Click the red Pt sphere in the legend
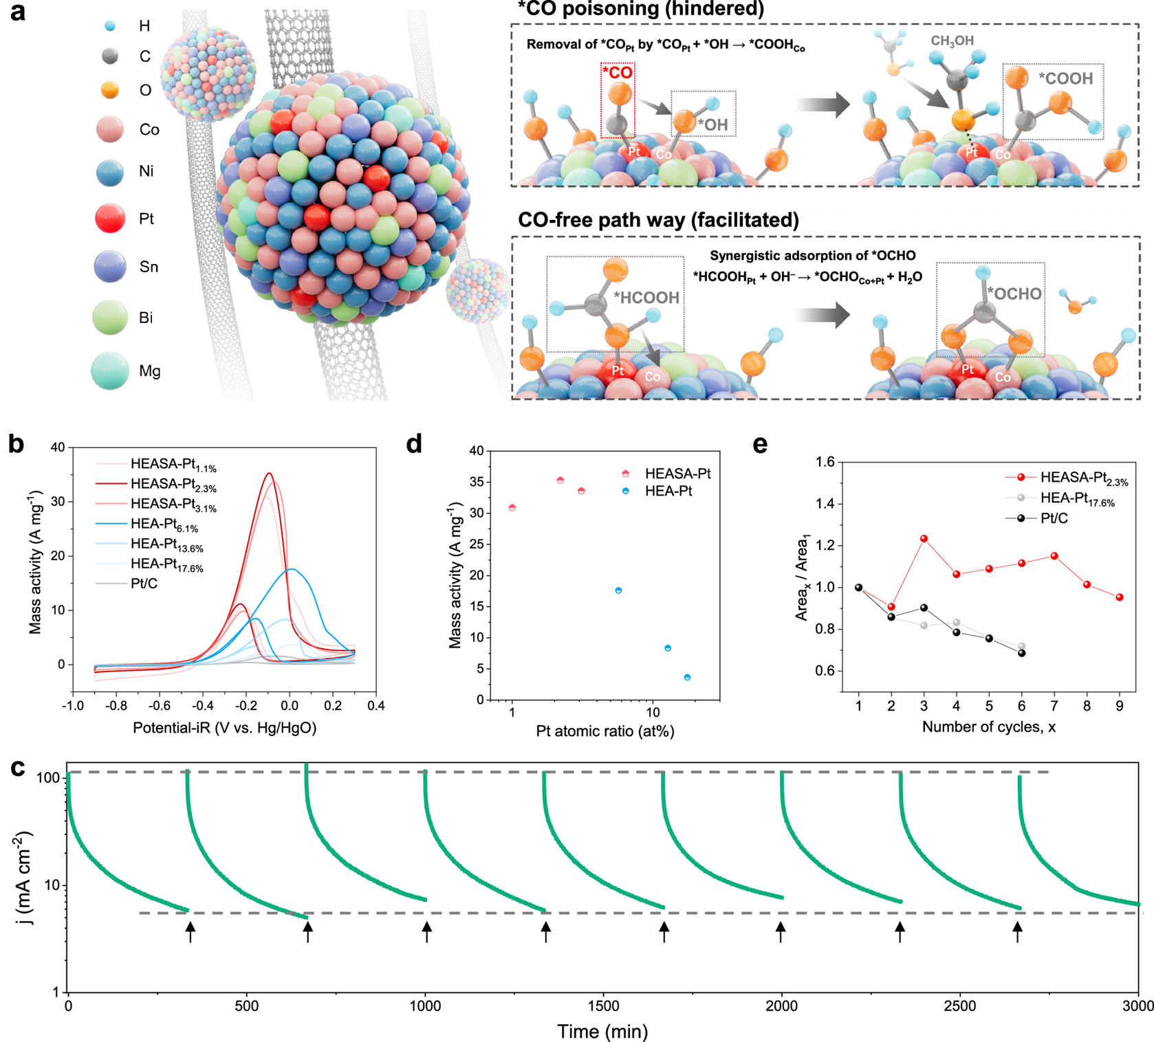point(110,219)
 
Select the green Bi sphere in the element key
point(110,317)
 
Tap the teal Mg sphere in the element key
point(110,370)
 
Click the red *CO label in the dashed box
point(617,73)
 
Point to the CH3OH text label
point(952,41)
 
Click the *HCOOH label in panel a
point(646,298)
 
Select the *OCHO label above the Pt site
point(1014,294)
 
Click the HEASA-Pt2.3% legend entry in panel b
point(173,485)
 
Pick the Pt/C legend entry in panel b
point(144,584)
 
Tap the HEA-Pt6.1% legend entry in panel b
point(164,524)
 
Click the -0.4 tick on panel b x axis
point(203,706)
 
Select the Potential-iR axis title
point(224,728)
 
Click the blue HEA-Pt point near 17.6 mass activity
point(618,590)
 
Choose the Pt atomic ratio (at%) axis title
point(605,731)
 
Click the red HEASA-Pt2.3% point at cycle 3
point(924,539)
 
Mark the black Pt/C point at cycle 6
point(1021,653)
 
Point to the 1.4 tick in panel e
point(825,504)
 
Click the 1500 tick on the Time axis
point(603,1006)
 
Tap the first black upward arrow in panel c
point(190,932)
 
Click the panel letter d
point(414,445)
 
